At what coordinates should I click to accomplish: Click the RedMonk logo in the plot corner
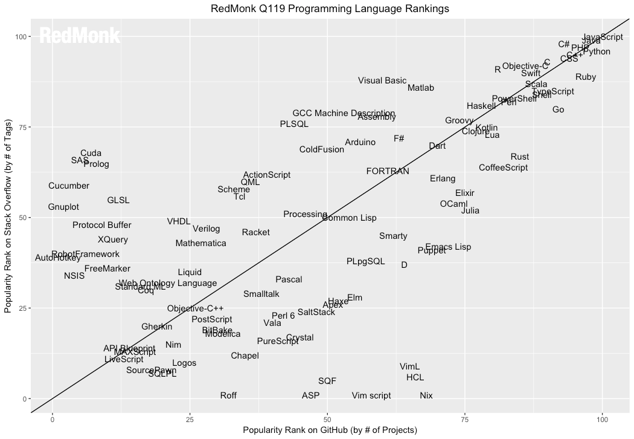point(80,36)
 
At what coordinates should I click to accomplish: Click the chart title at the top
point(330,8)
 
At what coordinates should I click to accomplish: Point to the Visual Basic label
point(382,80)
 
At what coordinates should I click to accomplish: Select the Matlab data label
point(421,88)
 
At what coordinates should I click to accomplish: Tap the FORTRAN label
point(388,171)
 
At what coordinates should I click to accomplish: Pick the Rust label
point(519,157)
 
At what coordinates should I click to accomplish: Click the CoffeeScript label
point(504,167)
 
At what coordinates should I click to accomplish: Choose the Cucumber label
point(69,186)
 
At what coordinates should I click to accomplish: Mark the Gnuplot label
point(63,207)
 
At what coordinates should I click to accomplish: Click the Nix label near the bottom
point(426,395)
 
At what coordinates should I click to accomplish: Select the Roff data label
point(228,395)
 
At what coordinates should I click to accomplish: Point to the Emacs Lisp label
point(448,247)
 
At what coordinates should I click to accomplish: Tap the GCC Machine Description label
point(344,113)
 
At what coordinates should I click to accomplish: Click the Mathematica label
point(201,243)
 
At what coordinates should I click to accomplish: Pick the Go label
point(559,109)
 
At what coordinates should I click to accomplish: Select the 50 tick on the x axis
point(327,418)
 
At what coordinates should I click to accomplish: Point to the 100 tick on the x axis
point(602,418)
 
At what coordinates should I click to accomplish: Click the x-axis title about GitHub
point(330,431)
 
